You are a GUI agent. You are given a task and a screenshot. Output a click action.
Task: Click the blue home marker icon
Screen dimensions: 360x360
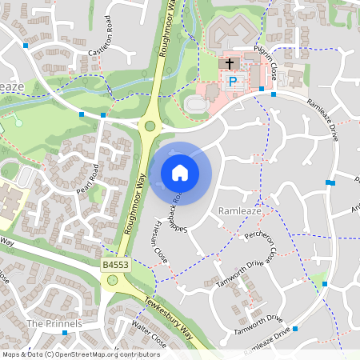(x=180, y=172)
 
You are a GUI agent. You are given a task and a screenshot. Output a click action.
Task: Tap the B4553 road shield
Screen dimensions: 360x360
(x=114, y=263)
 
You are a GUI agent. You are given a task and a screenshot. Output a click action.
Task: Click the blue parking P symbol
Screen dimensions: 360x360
(x=234, y=82)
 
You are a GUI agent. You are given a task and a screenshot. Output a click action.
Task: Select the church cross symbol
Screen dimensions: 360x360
(x=229, y=62)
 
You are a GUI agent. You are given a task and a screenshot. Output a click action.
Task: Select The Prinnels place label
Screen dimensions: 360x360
(x=54, y=323)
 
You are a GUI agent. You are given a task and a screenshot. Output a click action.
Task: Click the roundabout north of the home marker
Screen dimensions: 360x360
(x=149, y=126)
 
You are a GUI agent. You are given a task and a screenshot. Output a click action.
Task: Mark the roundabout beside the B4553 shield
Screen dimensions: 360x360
(x=112, y=280)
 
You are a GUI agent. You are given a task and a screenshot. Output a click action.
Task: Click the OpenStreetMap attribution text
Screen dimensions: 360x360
(x=81, y=354)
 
